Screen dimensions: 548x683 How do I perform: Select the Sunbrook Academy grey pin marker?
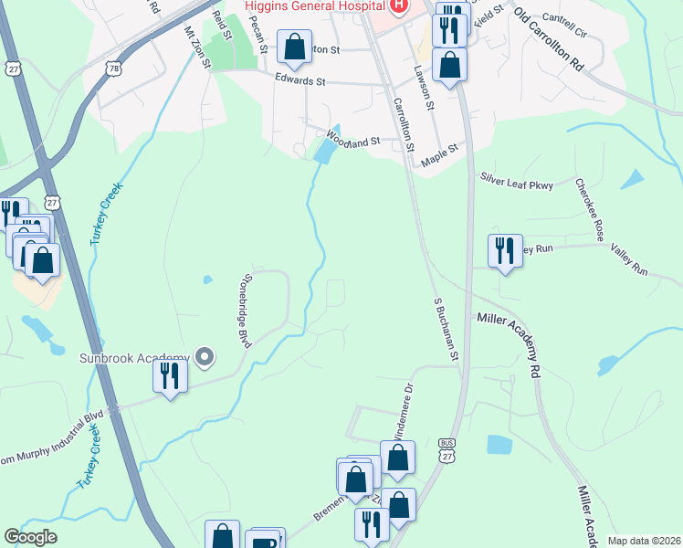click(205, 357)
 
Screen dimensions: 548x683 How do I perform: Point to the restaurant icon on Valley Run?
click(504, 250)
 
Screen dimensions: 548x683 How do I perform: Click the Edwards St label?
click(300, 80)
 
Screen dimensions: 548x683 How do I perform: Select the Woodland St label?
click(352, 142)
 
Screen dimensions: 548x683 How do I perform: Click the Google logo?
click(30, 537)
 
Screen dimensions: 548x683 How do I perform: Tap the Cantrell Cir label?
click(562, 17)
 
